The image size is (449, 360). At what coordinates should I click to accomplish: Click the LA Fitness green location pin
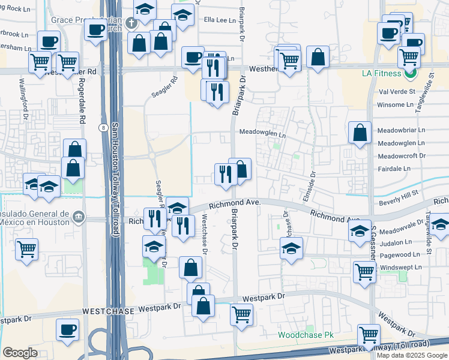(x=411, y=74)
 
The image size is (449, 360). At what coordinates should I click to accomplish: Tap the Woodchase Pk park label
(x=305, y=335)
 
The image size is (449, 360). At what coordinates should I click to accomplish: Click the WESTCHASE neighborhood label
(x=107, y=311)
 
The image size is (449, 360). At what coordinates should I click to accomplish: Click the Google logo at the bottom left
(x=20, y=353)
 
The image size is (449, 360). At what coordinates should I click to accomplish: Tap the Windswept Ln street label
(x=401, y=267)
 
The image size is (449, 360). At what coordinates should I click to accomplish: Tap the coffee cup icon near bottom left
(x=67, y=329)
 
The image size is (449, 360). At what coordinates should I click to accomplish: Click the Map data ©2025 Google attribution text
(x=411, y=355)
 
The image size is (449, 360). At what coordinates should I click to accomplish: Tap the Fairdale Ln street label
(x=394, y=169)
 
